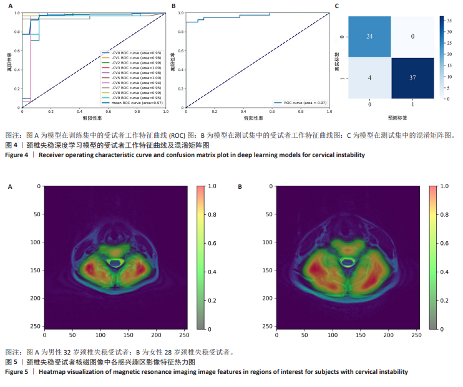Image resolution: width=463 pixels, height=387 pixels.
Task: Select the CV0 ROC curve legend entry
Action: [128, 53]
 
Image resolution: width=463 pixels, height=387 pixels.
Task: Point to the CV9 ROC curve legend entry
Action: [129, 98]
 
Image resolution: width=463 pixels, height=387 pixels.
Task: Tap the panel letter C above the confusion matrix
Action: [337, 6]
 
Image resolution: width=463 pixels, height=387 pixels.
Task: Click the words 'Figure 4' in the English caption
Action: [17, 155]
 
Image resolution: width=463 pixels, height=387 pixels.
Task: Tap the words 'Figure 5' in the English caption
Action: [17, 372]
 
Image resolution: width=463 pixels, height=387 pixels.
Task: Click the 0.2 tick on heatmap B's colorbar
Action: [444, 300]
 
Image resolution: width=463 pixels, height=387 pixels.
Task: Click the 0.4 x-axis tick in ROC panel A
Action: [79, 112]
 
